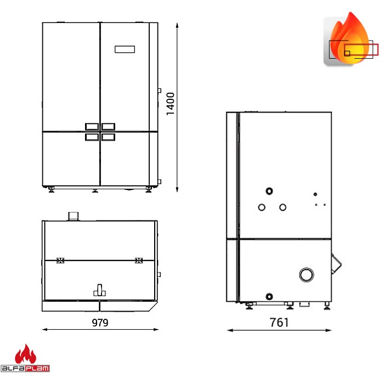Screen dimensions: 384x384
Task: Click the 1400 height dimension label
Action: pyautogui.click(x=171, y=104)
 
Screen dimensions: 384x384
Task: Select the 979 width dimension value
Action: pyautogui.click(x=100, y=323)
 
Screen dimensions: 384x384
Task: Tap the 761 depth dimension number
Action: pyautogui.click(x=279, y=323)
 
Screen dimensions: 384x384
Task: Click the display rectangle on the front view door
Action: pyautogui.click(x=125, y=49)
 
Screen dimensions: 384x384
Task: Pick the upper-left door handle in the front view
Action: pyautogui.click(x=92, y=126)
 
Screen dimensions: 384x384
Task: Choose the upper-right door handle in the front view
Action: pyautogui.click(x=108, y=126)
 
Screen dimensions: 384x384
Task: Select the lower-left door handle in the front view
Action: pyautogui.click(x=92, y=137)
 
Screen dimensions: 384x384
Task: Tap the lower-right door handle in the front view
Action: pyautogui.click(x=108, y=137)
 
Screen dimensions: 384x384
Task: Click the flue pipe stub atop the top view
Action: pyautogui.click(x=73, y=217)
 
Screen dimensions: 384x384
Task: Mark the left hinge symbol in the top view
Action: pyautogui.click(x=60, y=260)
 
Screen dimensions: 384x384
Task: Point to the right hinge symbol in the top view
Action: pyautogui.click(x=139, y=260)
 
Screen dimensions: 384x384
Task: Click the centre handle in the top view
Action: pyautogui.click(x=99, y=290)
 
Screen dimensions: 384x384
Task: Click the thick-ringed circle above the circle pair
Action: pyautogui.click(x=269, y=191)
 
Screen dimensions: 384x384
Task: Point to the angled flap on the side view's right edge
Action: pyautogui.click(x=335, y=263)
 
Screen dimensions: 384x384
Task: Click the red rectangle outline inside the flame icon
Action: pyautogui.click(x=362, y=49)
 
